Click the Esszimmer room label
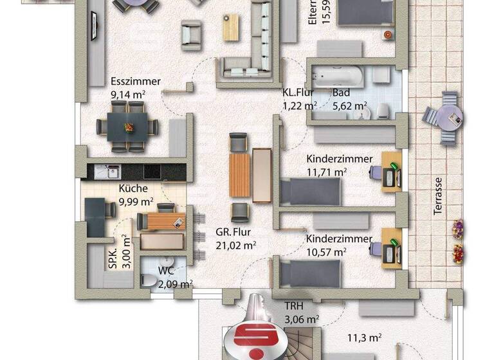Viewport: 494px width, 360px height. (x=135, y=82)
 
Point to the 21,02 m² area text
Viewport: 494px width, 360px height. (x=236, y=244)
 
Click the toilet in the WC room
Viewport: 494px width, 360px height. (x=147, y=280)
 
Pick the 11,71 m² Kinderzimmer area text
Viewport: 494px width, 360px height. (x=326, y=172)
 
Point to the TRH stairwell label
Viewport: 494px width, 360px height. (x=295, y=306)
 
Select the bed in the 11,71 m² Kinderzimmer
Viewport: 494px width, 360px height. (x=311, y=192)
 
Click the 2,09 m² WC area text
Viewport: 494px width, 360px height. (x=170, y=283)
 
